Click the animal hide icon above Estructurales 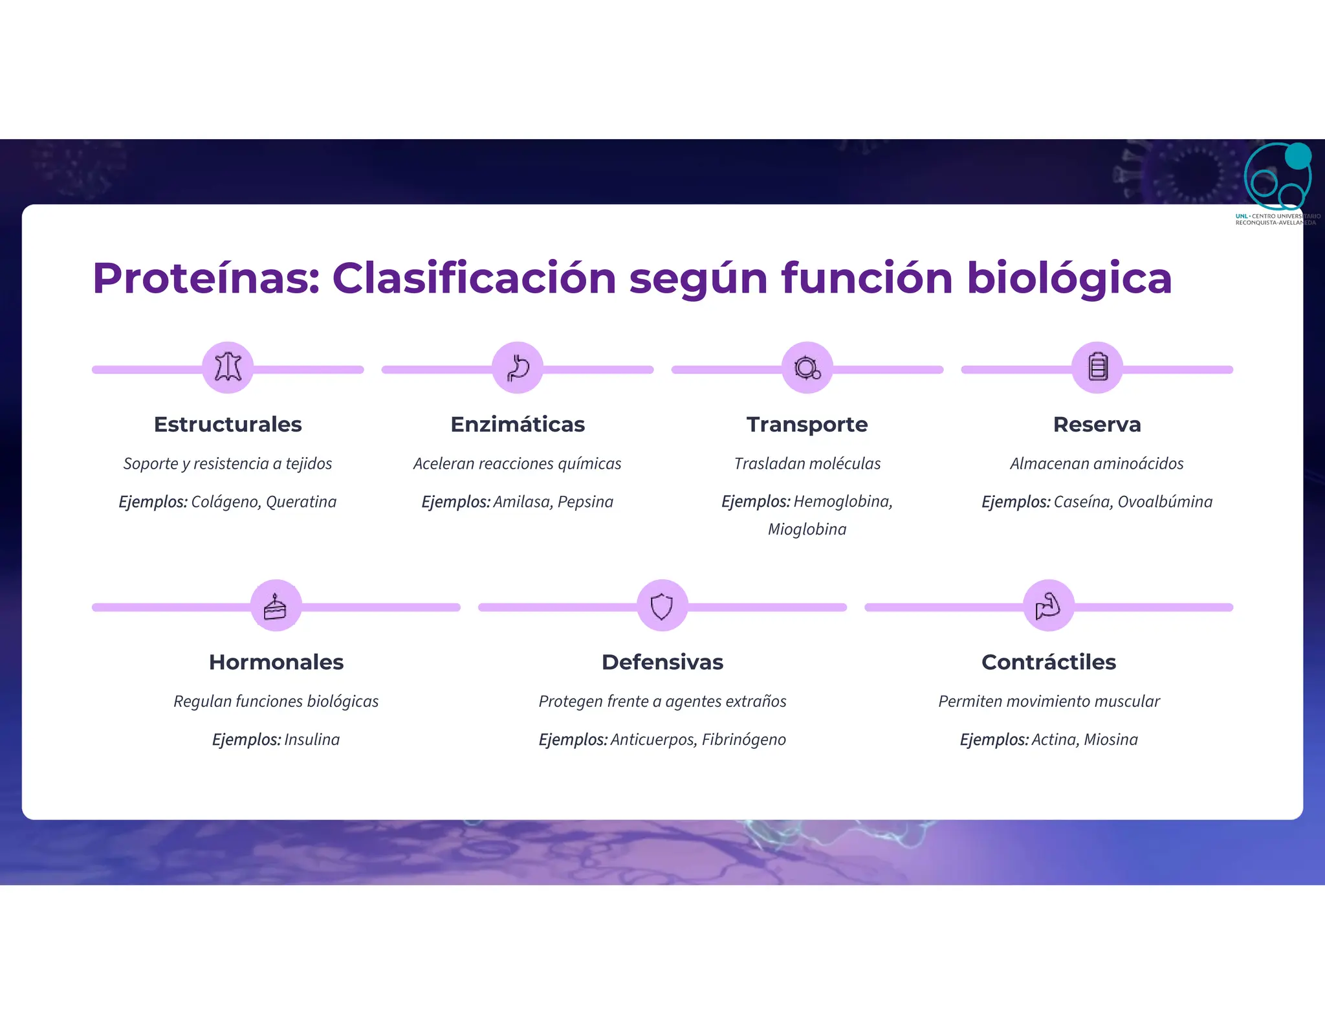click(228, 367)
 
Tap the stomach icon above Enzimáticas click(518, 367)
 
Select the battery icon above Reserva click(1097, 367)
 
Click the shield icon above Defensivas click(662, 606)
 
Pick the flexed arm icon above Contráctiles click(1048, 606)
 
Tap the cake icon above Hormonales click(276, 606)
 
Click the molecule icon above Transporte click(807, 367)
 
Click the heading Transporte click(807, 425)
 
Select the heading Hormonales click(276, 662)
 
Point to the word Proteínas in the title click(206, 278)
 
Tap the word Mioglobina click(807, 529)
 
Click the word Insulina click(312, 739)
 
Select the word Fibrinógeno click(743, 739)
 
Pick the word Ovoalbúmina click(1165, 502)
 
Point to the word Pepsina click(585, 502)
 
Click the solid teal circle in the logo click(1297, 156)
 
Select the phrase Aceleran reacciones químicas click(517, 463)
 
